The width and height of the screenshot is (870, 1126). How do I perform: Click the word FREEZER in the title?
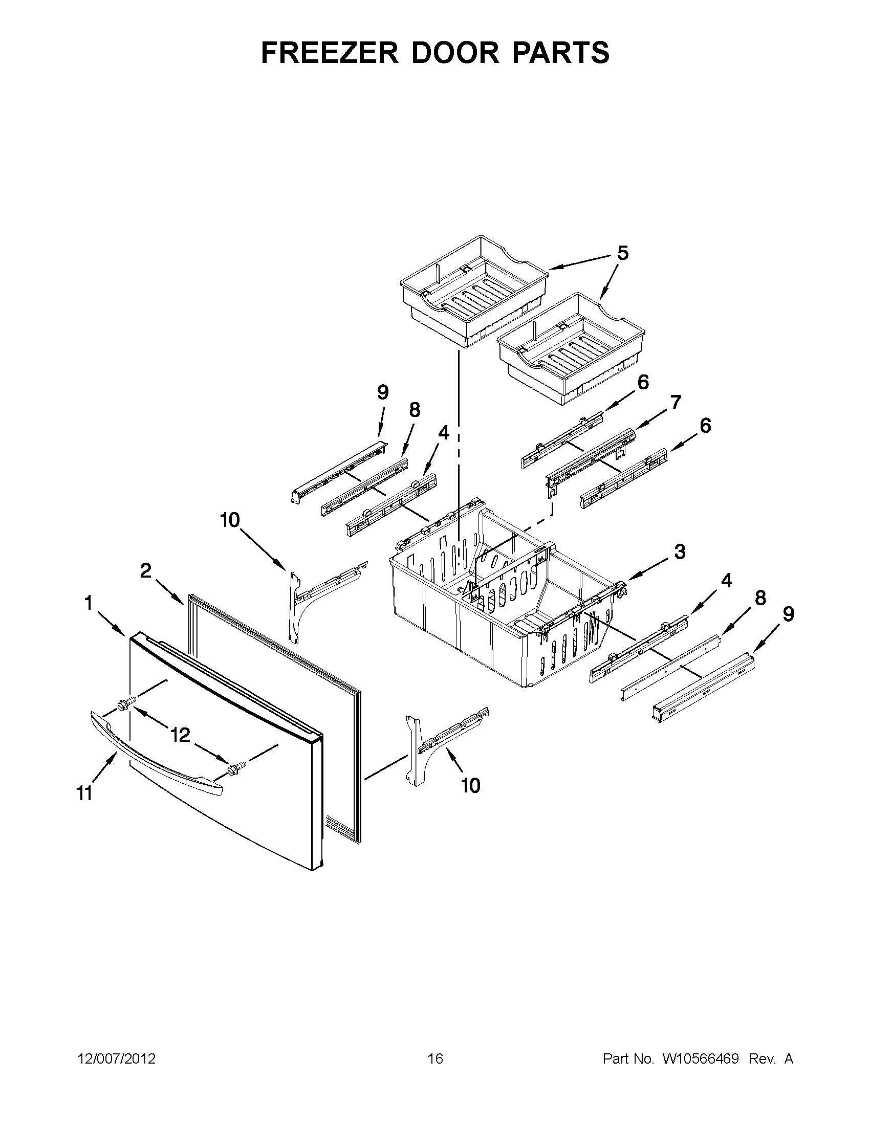(330, 53)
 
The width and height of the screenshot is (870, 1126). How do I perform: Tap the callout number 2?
(146, 570)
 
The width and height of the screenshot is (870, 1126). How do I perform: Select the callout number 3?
(680, 551)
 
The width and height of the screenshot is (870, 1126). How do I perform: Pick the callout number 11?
(84, 793)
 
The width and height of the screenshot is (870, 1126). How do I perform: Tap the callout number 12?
(180, 735)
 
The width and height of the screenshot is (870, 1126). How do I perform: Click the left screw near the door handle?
(127, 703)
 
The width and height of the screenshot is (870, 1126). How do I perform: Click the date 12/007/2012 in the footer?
(117, 1059)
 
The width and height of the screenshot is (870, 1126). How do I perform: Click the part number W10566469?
(700, 1059)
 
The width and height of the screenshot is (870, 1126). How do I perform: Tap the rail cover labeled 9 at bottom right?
(701, 691)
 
